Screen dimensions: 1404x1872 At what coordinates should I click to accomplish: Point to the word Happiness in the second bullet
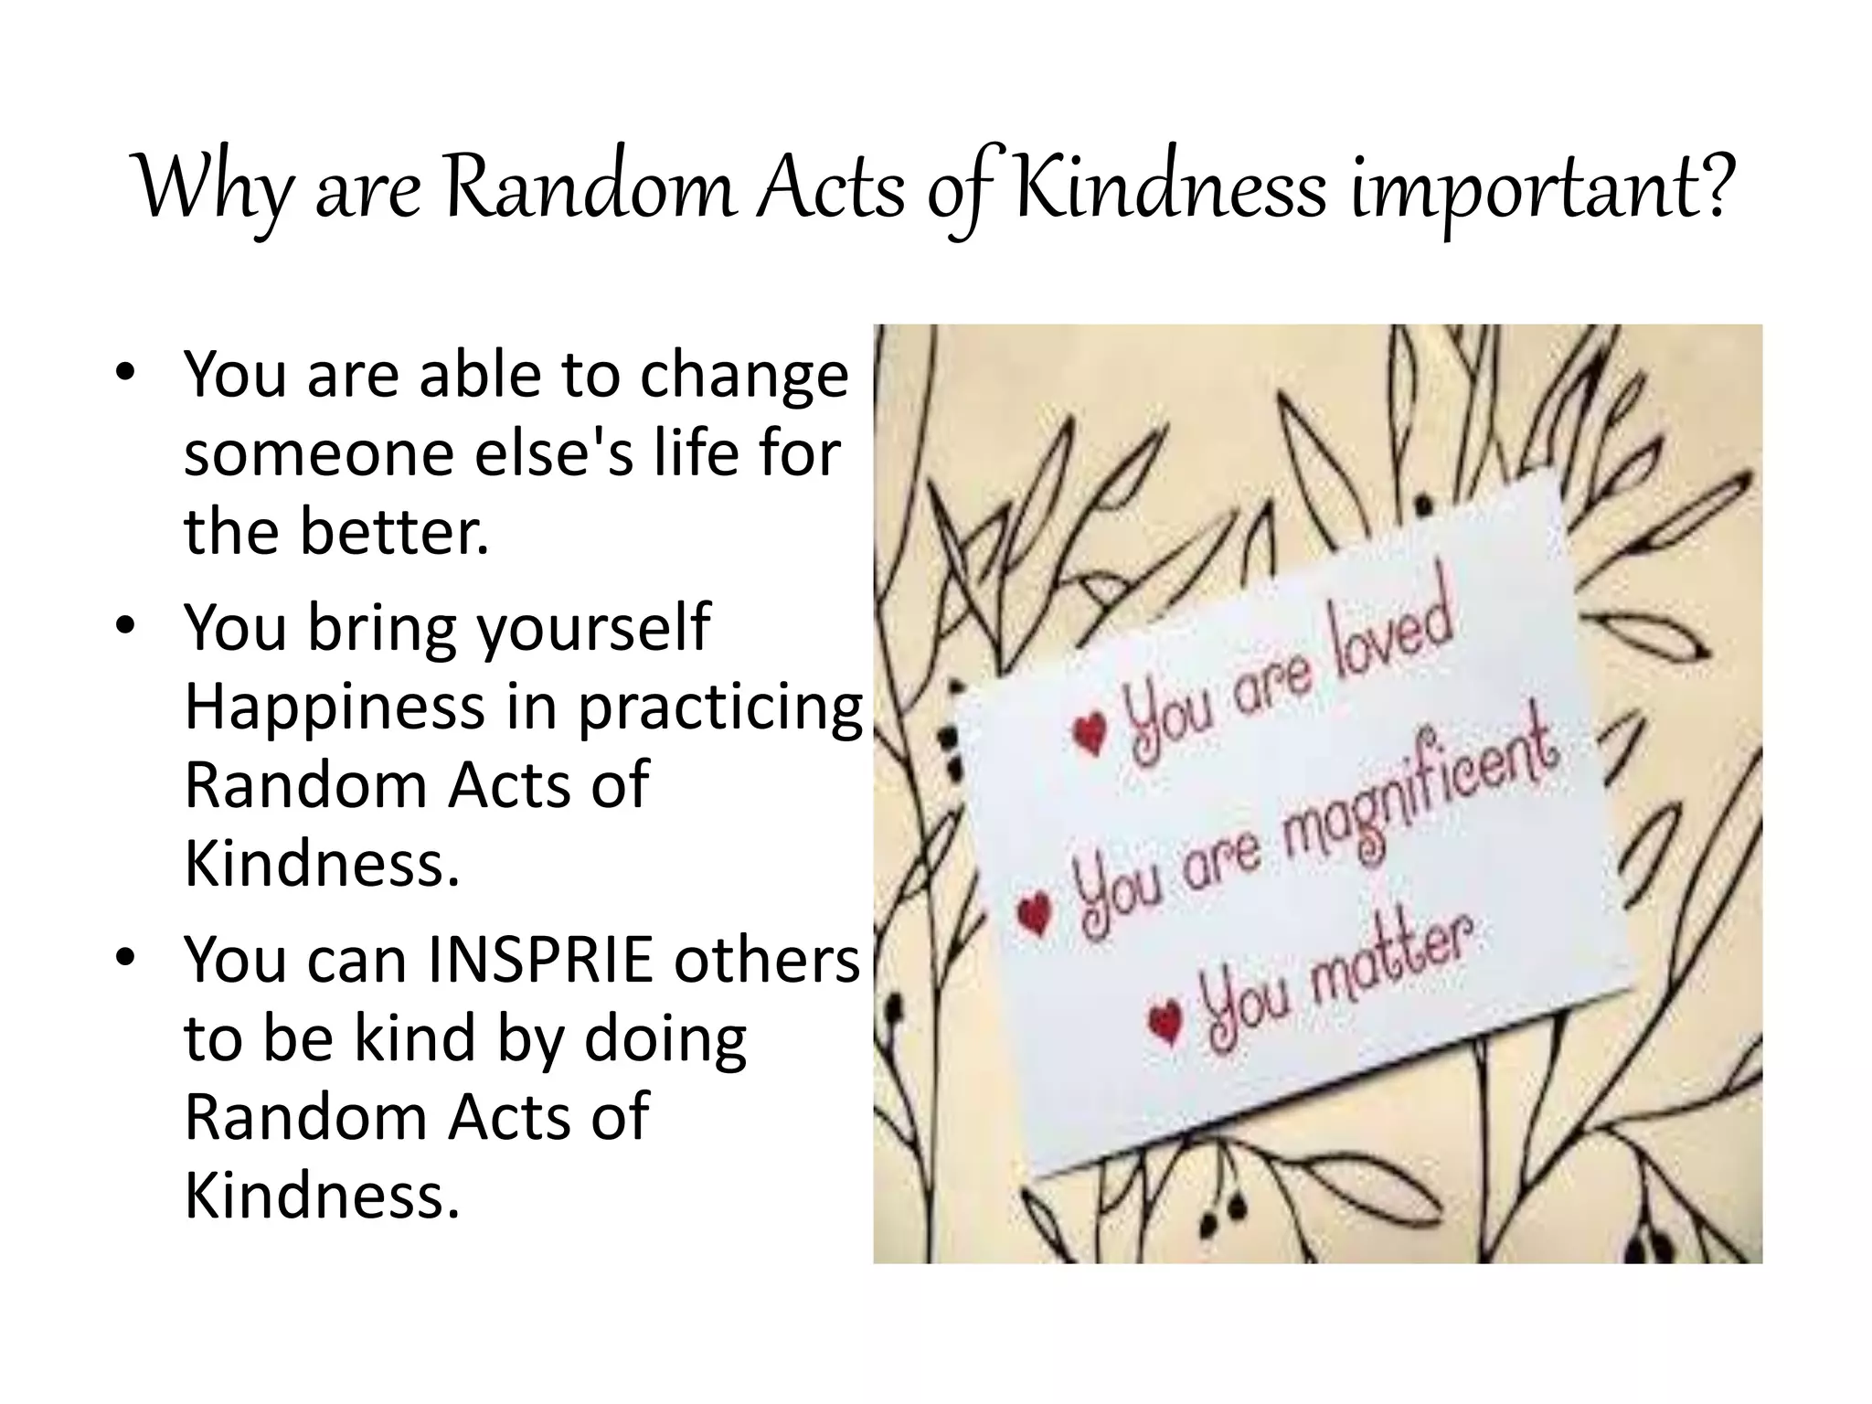tap(335, 707)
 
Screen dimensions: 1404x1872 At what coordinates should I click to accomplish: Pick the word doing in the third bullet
tap(665, 1040)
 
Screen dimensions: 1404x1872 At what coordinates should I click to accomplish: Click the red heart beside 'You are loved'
tap(1090, 732)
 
